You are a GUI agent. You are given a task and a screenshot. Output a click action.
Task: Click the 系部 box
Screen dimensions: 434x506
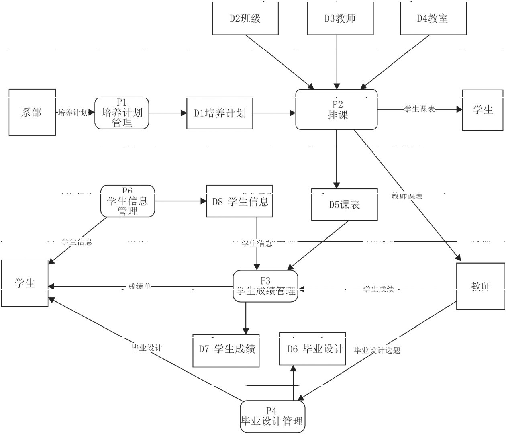(x=32, y=113)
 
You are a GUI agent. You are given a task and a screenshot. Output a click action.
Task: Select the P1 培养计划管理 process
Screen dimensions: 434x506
(x=122, y=113)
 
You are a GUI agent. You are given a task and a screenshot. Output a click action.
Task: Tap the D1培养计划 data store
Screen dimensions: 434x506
(x=220, y=113)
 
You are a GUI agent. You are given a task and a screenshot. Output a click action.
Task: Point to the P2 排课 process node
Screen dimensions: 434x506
(x=337, y=110)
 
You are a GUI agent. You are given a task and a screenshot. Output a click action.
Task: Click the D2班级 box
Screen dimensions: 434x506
(x=245, y=18)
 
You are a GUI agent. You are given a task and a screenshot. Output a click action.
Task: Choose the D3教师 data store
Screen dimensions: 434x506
(x=340, y=18)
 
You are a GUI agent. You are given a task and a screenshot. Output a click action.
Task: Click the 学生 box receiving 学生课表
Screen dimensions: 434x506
(x=482, y=110)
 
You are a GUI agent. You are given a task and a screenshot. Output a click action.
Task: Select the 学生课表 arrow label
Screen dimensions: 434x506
(x=419, y=109)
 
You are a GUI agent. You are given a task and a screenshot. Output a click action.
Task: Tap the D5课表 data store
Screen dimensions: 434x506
(x=344, y=205)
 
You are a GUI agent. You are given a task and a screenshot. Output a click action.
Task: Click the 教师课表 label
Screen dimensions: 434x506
(x=407, y=196)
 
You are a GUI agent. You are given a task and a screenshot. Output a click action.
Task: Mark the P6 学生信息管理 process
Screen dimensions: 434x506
(x=127, y=201)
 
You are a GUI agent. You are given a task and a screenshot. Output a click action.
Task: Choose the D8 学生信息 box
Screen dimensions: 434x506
(x=240, y=201)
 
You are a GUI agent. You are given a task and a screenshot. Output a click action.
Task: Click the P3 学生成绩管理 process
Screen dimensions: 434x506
(x=265, y=287)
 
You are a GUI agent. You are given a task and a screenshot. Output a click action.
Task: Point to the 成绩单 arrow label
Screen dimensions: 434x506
(x=139, y=287)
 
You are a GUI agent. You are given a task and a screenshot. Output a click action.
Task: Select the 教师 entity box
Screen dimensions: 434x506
(x=481, y=286)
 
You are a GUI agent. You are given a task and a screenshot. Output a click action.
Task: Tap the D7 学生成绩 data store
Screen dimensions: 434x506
(x=226, y=350)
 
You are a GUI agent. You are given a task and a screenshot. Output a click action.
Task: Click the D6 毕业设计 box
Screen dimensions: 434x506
(x=312, y=349)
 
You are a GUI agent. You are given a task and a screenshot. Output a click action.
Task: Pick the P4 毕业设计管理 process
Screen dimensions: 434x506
(x=272, y=417)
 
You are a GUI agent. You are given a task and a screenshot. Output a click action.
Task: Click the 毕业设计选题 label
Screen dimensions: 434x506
(x=377, y=350)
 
